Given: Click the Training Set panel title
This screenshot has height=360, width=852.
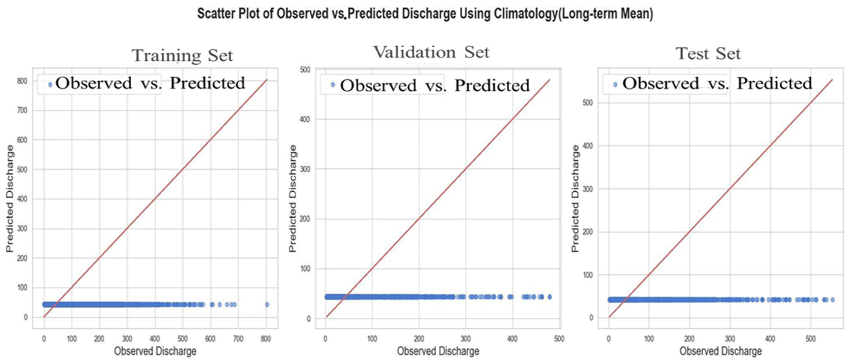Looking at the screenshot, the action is (x=182, y=55).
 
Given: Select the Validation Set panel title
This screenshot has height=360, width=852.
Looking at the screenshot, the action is (x=431, y=52).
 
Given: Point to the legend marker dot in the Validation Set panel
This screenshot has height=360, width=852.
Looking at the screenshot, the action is (x=333, y=85).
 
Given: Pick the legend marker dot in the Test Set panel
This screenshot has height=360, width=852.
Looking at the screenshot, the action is (x=615, y=85).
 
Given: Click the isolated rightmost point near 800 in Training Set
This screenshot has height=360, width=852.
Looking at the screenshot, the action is (x=267, y=304).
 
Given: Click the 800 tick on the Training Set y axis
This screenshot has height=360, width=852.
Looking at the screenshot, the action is (x=22, y=81).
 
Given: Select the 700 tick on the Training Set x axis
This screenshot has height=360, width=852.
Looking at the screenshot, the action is (x=238, y=339).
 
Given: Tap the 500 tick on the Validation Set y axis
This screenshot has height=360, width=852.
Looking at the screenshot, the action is (x=305, y=70).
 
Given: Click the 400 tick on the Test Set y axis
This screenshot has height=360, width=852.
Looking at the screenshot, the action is (x=587, y=146).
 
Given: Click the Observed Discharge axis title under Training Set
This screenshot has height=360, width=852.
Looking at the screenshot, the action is (x=155, y=351).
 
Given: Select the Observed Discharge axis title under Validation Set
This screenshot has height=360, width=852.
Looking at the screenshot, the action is (x=438, y=351).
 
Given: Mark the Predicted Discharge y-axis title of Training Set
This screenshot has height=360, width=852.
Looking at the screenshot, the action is (x=10, y=199).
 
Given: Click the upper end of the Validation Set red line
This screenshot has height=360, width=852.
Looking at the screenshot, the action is (x=550, y=79).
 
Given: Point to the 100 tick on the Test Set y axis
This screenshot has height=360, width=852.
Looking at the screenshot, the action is (x=587, y=275).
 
